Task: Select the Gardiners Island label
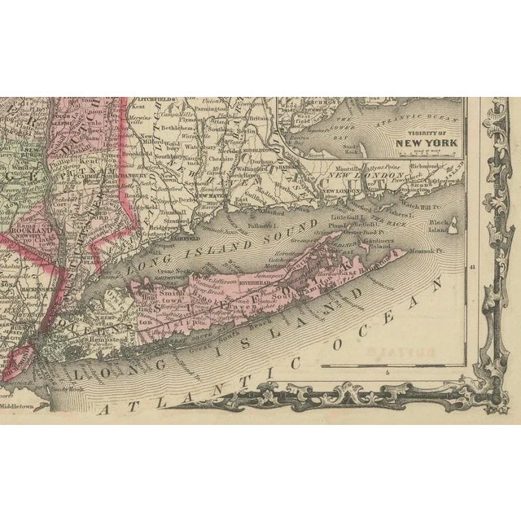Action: [396, 241]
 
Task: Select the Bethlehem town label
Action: [165, 129]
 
